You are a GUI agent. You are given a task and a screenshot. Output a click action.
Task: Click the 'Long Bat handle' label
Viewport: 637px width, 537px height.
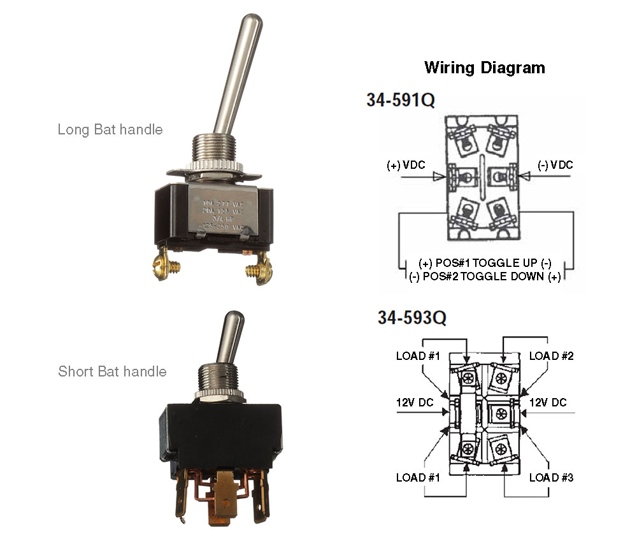(110, 130)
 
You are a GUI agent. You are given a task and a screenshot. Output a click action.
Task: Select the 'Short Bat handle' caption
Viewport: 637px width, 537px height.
(112, 371)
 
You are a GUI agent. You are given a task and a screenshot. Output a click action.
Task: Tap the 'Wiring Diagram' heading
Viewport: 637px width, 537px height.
(484, 68)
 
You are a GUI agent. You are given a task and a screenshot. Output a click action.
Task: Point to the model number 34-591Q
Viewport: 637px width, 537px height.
(400, 100)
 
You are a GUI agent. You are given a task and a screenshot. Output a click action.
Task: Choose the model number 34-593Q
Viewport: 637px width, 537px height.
(412, 318)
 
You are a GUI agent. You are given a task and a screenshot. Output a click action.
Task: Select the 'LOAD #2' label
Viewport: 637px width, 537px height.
(551, 356)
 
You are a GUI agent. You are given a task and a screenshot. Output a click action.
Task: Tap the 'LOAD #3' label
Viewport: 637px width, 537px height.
(551, 477)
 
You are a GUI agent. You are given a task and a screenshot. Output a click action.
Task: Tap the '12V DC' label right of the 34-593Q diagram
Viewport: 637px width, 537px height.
(548, 403)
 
